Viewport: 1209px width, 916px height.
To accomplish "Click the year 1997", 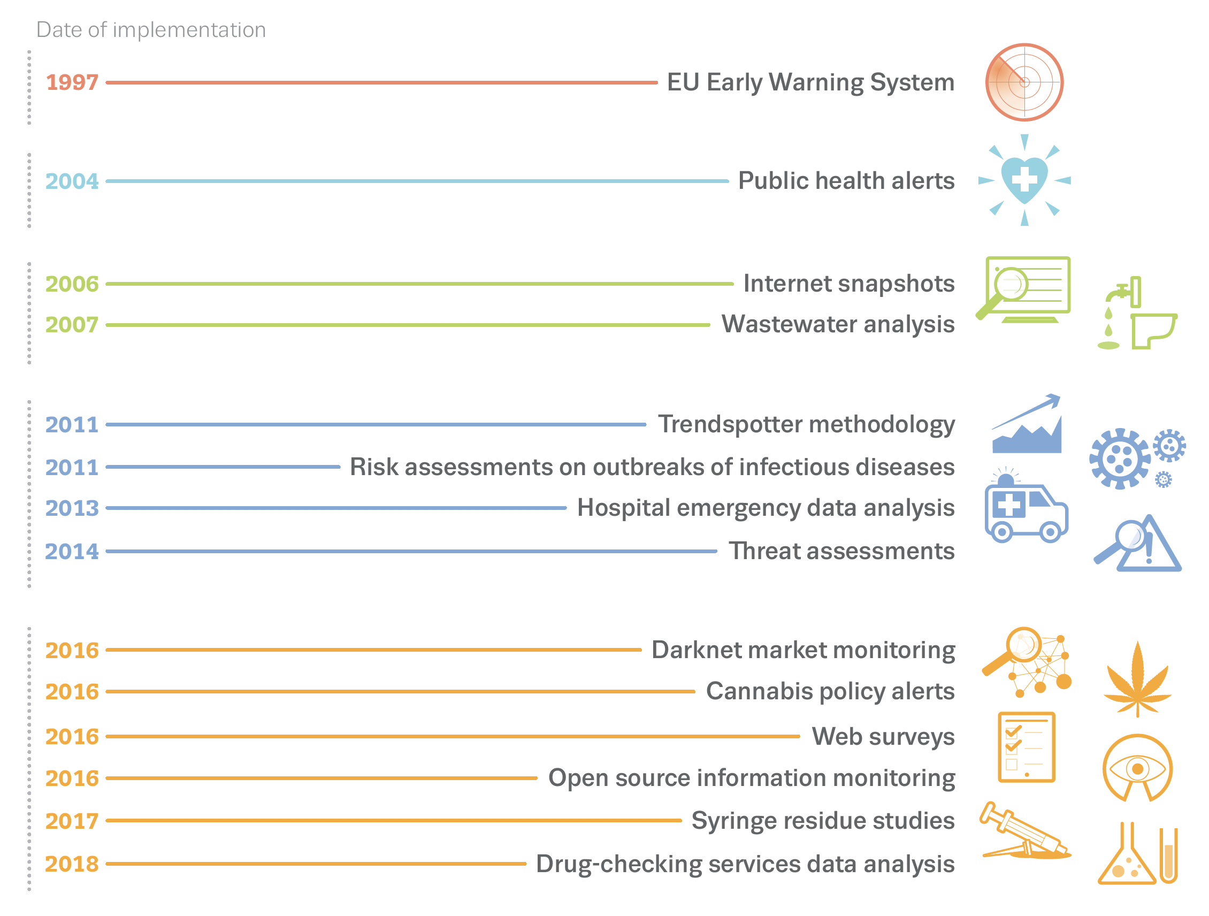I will coord(72,82).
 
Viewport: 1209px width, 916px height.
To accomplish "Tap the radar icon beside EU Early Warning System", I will coord(1024,82).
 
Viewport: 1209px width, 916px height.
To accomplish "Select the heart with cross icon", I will coord(1024,180).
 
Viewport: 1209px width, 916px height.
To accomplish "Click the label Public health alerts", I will coord(846,181).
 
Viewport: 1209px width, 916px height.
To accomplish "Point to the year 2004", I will coord(72,181).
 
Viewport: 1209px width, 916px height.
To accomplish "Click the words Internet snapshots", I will coord(848,284).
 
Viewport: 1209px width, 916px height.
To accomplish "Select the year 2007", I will coord(72,325).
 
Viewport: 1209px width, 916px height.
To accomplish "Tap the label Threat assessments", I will coord(841,551).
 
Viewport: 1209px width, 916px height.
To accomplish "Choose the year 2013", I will coord(72,508).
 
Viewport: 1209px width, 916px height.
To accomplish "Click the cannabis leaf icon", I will coord(1137,680).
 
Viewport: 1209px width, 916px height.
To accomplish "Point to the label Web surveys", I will coord(883,737).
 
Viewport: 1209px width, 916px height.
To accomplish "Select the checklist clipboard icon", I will coord(1026,747).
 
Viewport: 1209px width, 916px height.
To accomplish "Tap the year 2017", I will coord(72,821).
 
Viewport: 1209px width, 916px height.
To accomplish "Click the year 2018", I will coord(72,864).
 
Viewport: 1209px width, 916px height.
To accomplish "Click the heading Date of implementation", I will coord(151,30).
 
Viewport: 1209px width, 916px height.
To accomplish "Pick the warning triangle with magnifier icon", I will coord(1138,544).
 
